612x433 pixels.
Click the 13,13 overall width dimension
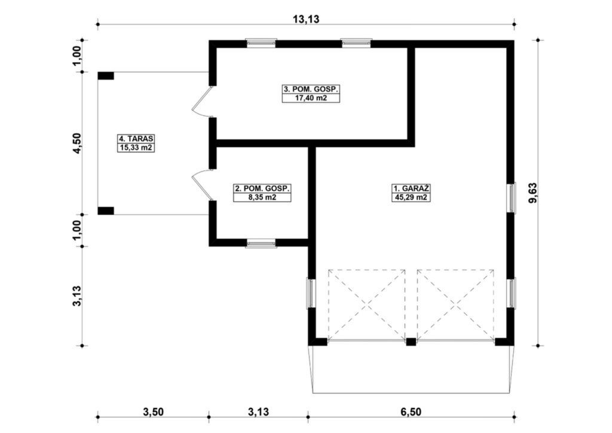[x=306, y=19]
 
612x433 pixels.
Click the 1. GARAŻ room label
[x=411, y=187]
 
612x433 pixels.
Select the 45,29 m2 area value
[x=411, y=197]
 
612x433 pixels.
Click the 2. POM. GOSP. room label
[x=262, y=188]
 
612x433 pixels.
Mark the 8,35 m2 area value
[x=262, y=197]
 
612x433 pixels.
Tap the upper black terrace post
[x=106, y=76]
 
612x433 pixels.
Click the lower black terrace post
[x=106, y=211]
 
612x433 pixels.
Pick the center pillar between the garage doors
[x=411, y=342]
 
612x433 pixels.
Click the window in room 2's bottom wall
[x=261, y=243]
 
